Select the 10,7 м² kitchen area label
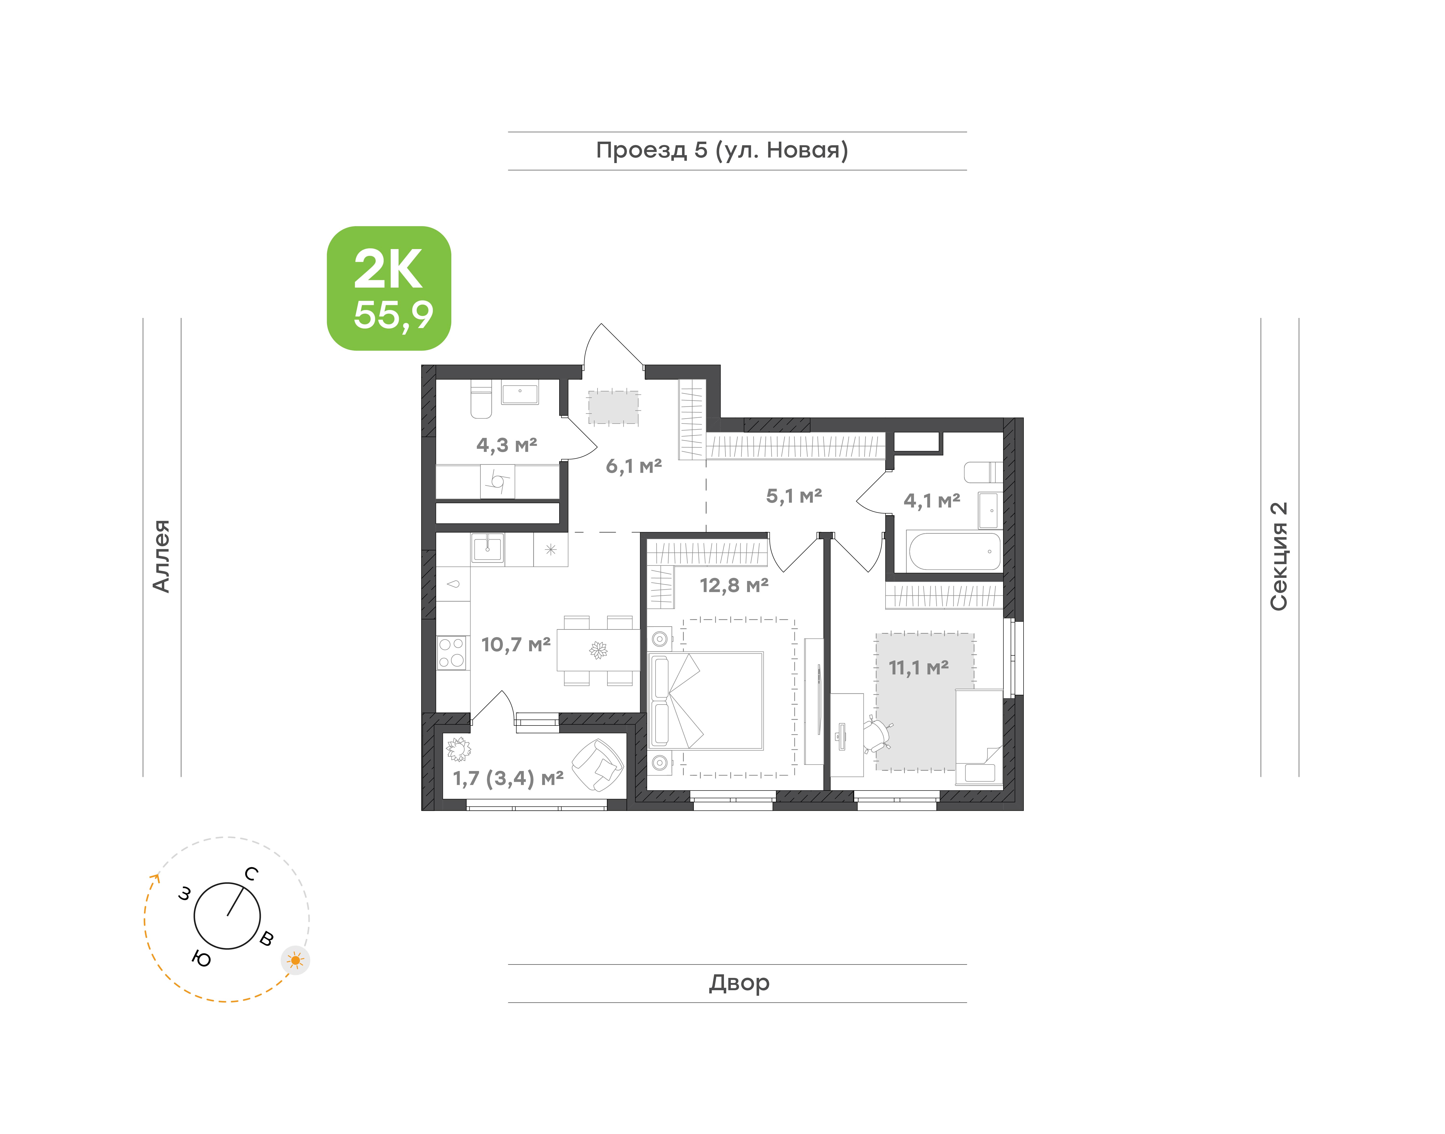click(516, 645)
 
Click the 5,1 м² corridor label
click(794, 496)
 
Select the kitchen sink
click(487, 549)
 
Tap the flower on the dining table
click(598, 650)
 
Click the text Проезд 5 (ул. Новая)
click(722, 151)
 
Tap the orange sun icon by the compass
click(295, 960)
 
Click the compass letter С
click(251, 874)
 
